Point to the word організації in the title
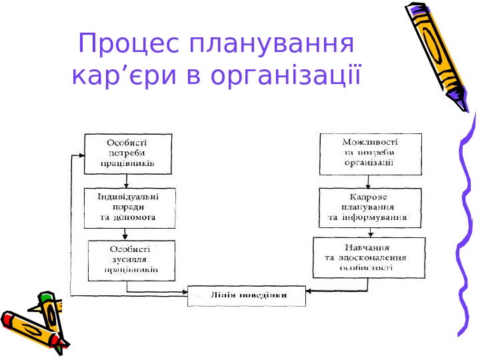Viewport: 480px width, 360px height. [285, 75]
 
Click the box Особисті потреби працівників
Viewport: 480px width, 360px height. [127, 153]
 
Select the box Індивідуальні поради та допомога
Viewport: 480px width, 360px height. [129, 207]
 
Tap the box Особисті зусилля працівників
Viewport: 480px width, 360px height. [131, 260]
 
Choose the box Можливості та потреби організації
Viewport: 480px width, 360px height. [370, 153]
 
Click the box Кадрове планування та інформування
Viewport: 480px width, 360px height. [369, 207]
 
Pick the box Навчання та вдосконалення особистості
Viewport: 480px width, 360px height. [369, 257]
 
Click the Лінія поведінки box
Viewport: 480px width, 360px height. [247, 295]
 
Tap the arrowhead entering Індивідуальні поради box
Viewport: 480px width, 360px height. [127, 186]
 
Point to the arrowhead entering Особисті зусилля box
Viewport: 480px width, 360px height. [125, 237]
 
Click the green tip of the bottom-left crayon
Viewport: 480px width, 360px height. [45, 295]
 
